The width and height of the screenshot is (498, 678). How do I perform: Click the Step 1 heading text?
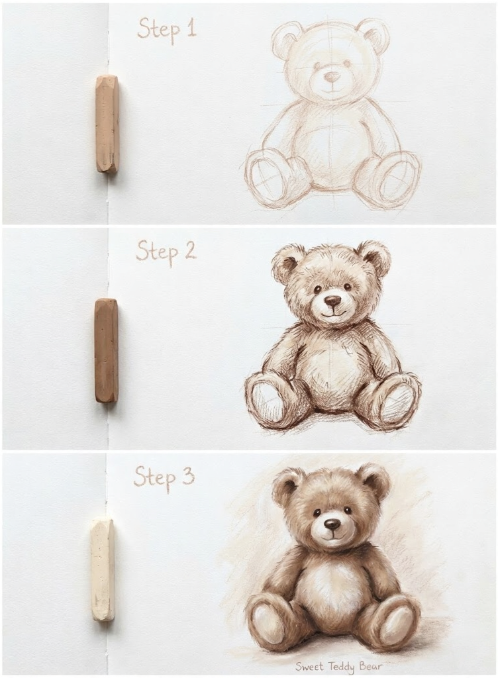pos(166,28)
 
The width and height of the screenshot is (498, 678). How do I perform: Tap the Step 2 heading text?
pos(166,252)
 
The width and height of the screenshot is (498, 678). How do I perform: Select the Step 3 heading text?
pos(164,476)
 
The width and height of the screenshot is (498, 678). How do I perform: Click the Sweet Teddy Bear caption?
pos(338,665)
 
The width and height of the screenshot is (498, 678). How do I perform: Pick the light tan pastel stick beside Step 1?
pos(107,124)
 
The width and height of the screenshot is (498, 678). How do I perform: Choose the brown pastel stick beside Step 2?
pos(106,350)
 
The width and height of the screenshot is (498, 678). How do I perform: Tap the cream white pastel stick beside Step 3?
pos(103,570)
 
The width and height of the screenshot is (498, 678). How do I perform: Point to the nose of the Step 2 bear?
pos(332,301)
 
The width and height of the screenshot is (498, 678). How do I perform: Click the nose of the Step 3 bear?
pos(332,524)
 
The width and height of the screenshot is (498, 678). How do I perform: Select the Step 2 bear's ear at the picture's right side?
pos(374,258)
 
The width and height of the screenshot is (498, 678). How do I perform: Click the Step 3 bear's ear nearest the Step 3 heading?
pos(287,485)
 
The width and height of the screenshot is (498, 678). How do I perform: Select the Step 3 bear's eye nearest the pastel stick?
pos(317,512)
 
